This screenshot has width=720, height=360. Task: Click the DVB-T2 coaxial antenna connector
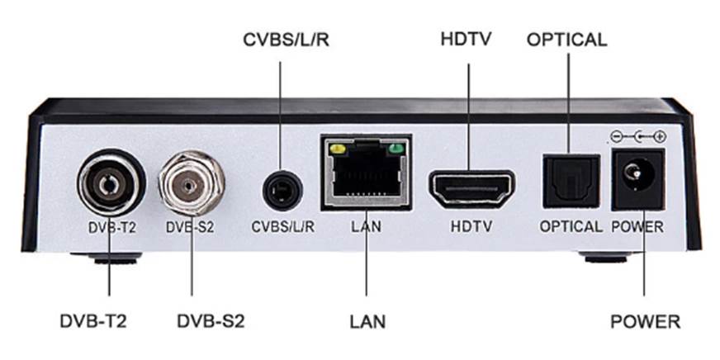110,183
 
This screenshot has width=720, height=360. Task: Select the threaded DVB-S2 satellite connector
192,182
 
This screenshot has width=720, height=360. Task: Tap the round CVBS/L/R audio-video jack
282,192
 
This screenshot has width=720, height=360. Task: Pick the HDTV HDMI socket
471,187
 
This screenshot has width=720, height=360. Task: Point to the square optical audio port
571,182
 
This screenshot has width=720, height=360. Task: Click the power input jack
637,176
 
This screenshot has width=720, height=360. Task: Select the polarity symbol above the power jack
637,135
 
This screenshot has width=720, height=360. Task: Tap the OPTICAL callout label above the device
566,40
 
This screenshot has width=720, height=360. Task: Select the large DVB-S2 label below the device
211,320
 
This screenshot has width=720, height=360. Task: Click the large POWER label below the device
645,320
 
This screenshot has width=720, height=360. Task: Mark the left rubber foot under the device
113,258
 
